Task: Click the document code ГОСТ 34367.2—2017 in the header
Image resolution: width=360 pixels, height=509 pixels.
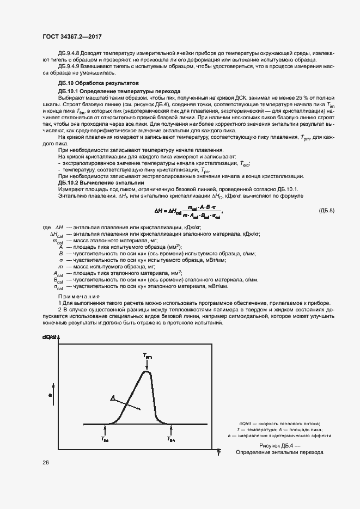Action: (72, 36)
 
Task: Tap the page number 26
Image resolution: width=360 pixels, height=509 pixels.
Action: (45, 462)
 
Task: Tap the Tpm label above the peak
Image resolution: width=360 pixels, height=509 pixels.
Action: (148, 355)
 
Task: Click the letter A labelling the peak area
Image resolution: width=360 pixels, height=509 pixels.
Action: (112, 398)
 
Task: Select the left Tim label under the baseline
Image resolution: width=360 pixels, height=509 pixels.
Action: (105, 439)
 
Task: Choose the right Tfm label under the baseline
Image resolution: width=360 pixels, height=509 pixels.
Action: (171, 439)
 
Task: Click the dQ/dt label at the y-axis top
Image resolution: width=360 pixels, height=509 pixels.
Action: (50, 338)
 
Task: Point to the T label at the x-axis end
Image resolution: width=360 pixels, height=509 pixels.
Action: (218, 453)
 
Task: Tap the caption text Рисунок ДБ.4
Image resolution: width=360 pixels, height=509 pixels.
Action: (279, 445)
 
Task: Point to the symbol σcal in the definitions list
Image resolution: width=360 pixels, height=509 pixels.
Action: (58, 286)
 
